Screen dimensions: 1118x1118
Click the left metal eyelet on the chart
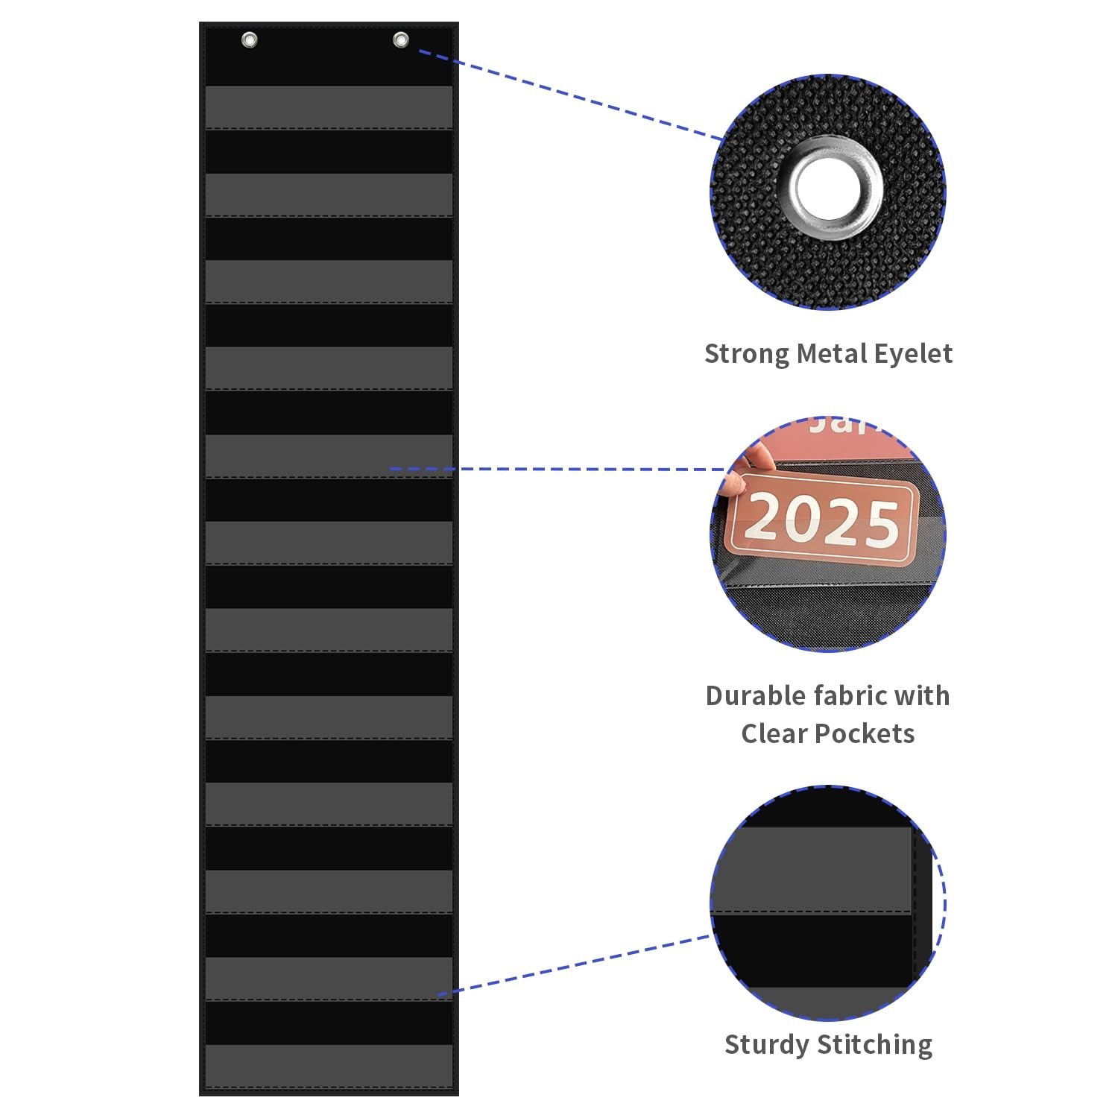click(250, 40)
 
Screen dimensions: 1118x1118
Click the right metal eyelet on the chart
click(401, 40)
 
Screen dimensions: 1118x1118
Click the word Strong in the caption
click(747, 353)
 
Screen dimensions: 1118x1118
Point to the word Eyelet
click(913, 354)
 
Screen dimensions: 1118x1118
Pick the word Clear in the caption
click(774, 734)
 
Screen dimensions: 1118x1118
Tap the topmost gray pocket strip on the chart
click(329, 107)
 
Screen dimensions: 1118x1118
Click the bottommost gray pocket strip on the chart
click(329, 1066)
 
